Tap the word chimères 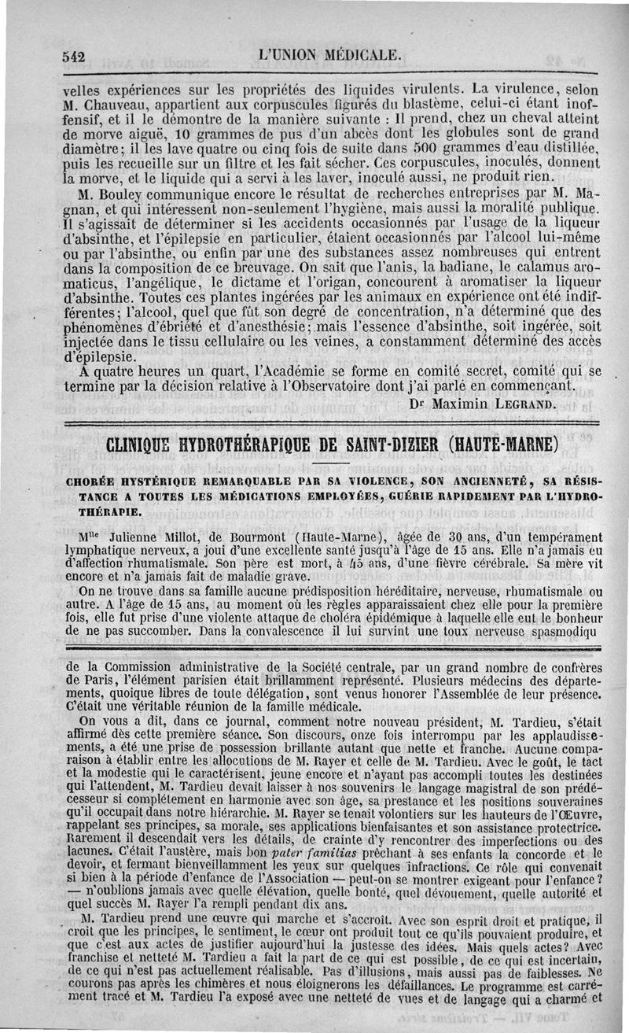212,986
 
